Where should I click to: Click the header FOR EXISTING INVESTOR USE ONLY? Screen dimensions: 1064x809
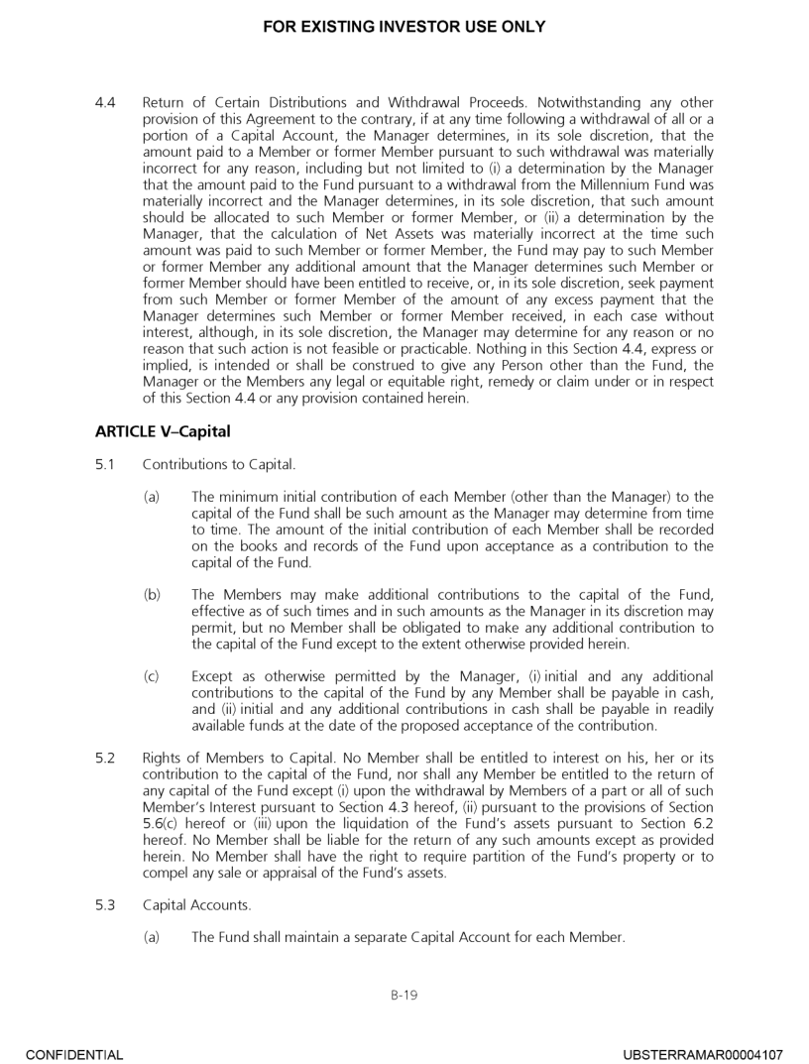[404, 27]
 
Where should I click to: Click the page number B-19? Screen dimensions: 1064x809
[404, 993]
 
